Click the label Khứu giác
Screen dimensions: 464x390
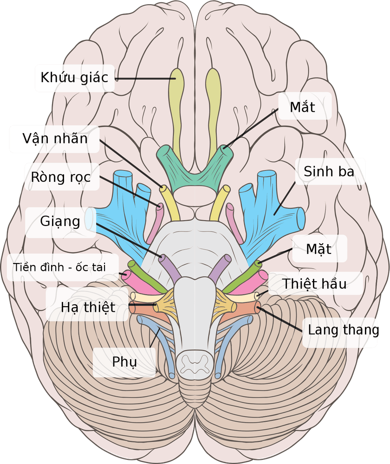[x=74, y=77]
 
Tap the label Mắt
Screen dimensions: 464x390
[x=302, y=107]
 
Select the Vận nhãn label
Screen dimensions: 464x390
[x=55, y=138]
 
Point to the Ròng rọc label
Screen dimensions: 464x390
[x=61, y=177]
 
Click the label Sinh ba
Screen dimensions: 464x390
[x=329, y=171]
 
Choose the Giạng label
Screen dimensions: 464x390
[x=60, y=221]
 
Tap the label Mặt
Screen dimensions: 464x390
[x=318, y=249]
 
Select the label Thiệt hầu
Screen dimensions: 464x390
[x=314, y=283]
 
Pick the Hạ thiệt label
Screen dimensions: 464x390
[x=88, y=307]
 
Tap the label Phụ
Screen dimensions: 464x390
[x=124, y=361]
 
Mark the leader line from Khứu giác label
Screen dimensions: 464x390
[x=144, y=78]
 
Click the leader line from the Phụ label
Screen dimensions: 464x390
[x=155, y=338]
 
